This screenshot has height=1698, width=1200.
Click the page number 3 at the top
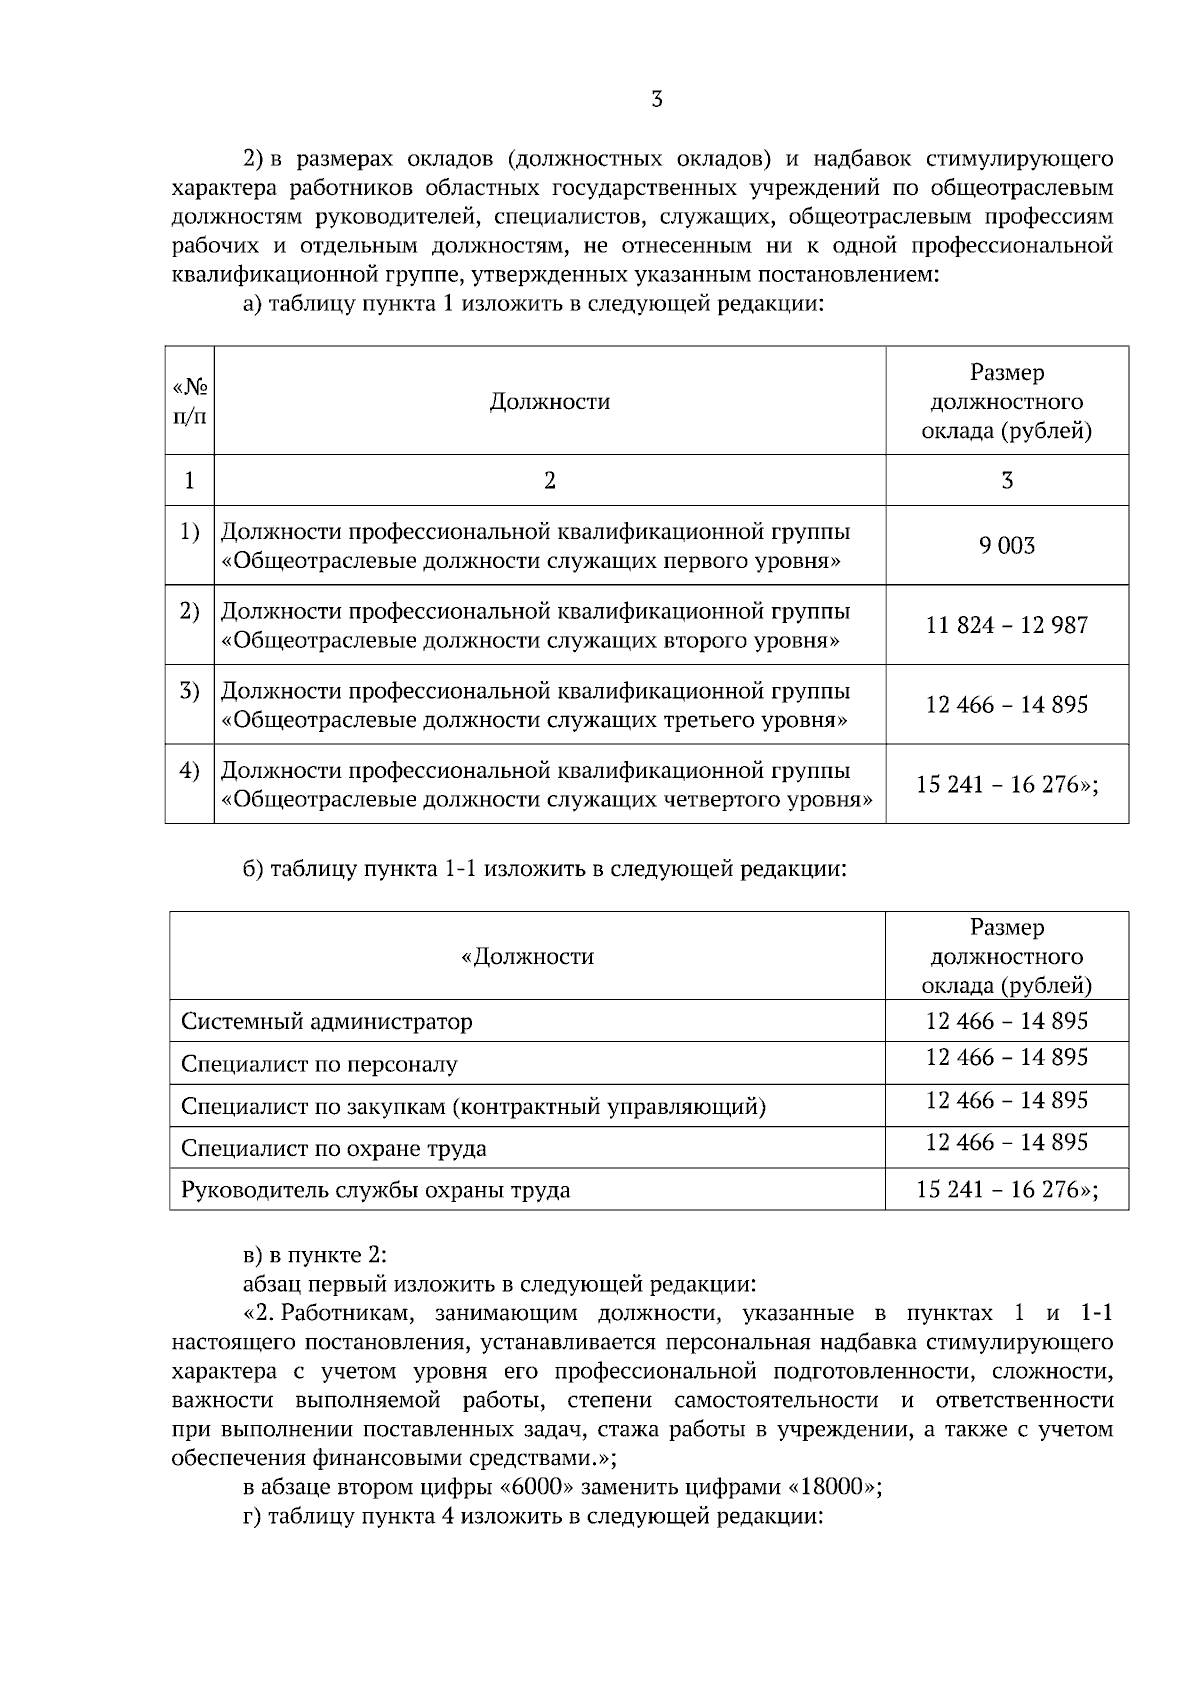[656, 99]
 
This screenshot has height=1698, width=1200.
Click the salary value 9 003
[1007, 546]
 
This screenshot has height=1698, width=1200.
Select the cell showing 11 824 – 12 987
[1007, 626]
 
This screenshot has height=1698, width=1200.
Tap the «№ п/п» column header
[190, 401]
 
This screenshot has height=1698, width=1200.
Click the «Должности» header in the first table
[549, 402]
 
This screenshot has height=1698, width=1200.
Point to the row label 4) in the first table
[189, 771]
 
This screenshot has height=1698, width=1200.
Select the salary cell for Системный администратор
[1007, 1022]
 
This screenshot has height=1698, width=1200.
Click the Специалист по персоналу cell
[319, 1064]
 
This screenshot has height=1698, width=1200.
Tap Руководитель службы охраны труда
[375, 1190]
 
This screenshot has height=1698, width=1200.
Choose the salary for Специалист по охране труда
[1007, 1143]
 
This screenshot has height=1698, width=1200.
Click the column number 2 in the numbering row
[549, 481]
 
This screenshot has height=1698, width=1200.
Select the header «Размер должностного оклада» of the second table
[1007, 957]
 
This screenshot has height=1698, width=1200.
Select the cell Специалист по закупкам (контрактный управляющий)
[473, 1107]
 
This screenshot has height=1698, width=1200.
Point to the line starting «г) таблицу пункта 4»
[533, 1515]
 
